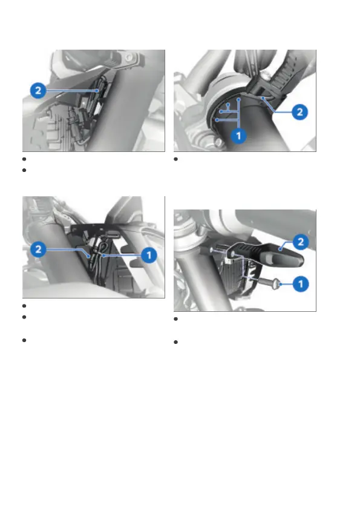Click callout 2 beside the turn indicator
click(301, 242)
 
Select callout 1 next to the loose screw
click(301, 284)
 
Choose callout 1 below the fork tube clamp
click(239, 136)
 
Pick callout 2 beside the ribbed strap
click(299, 112)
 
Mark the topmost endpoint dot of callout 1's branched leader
click(238, 99)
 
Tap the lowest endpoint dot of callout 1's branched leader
click(217, 120)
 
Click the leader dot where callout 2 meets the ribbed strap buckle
click(264, 97)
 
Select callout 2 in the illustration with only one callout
click(38, 90)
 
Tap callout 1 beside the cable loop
click(149, 255)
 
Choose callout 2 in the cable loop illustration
click(38, 249)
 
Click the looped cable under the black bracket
click(102, 249)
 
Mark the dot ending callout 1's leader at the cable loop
click(103, 256)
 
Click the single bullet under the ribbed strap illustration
click(176, 159)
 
